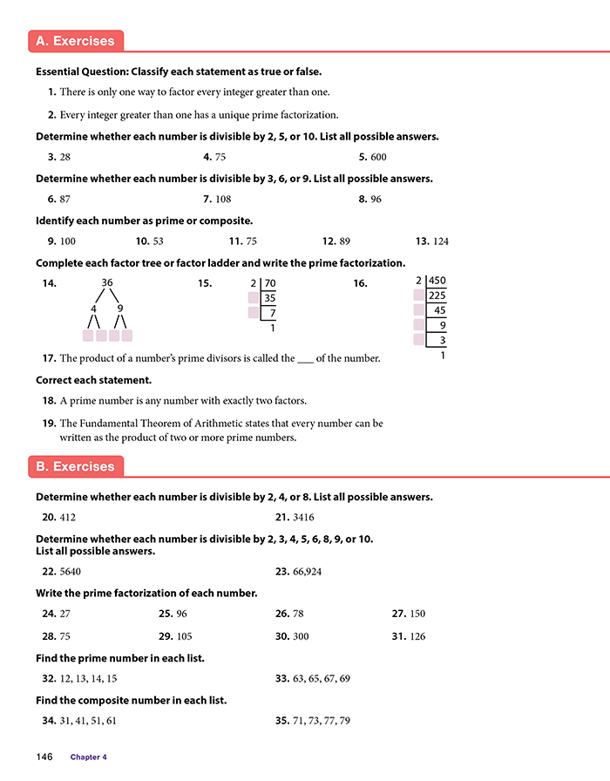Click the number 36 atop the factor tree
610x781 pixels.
(x=108, y=282)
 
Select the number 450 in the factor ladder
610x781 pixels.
(x=437, y=281)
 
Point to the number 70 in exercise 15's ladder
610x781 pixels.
(x=269, y=283)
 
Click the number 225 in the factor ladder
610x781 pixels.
(x=437, y=295)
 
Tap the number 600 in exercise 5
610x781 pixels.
(x=378, y=157)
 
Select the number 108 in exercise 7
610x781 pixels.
(x=227, y=199)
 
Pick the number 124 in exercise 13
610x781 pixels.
(x=439, y=241)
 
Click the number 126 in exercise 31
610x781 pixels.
(x=417, y=636)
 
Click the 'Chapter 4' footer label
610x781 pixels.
(x=89, y=757)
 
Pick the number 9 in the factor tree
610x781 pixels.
(x=119, y=308)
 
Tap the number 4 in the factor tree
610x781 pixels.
(x=93, y=308)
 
